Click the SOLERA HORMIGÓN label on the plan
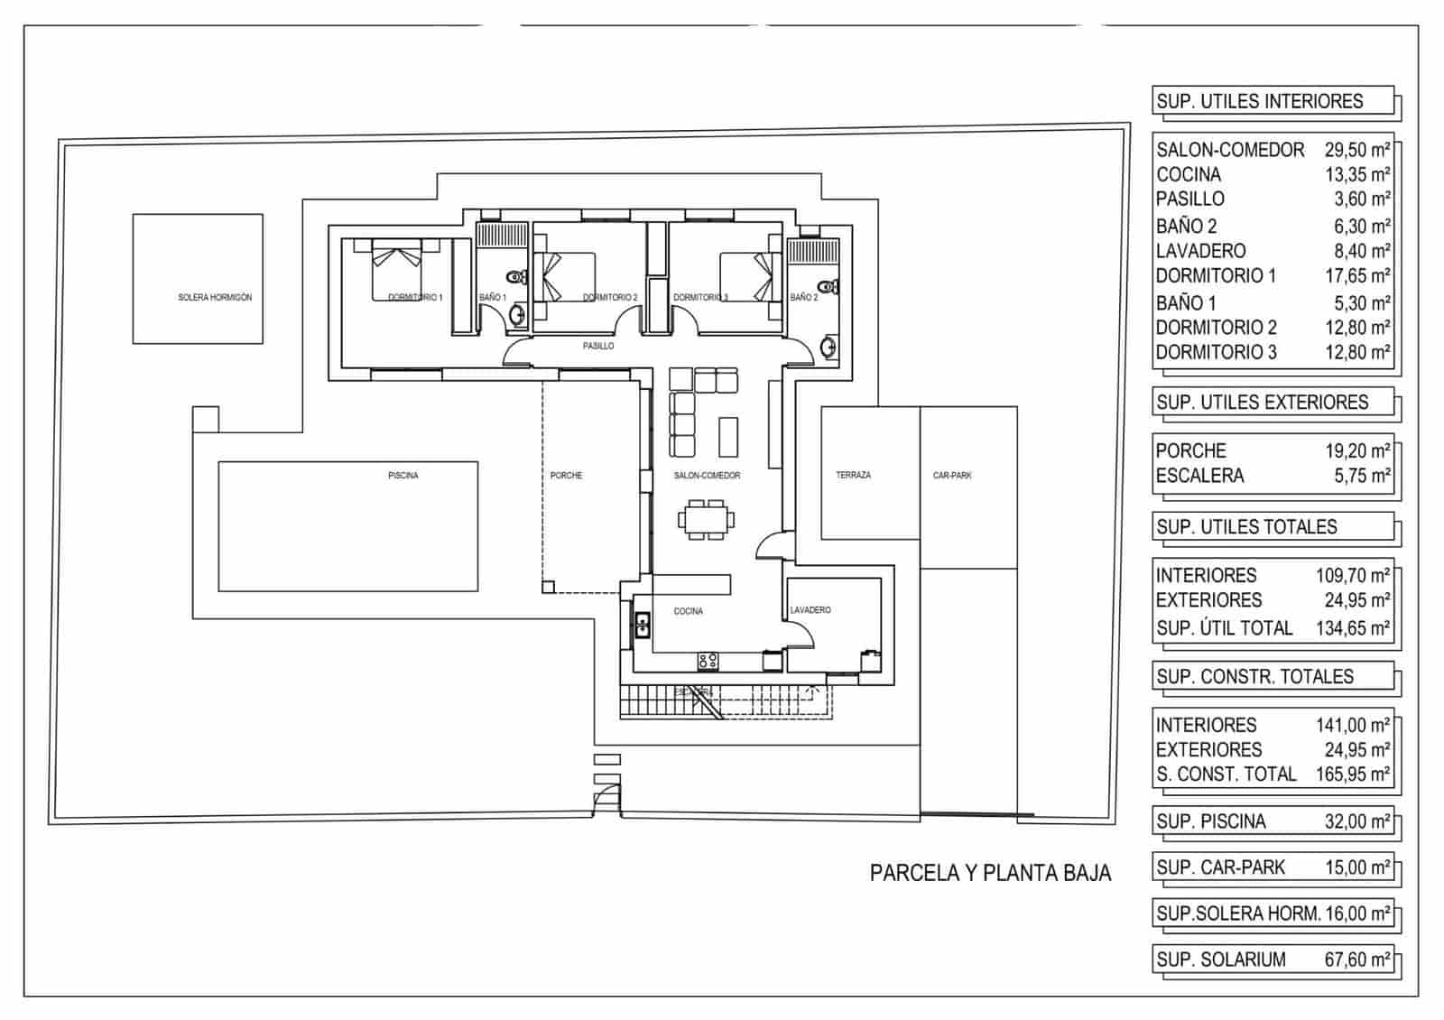[215, 297]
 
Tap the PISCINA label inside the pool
[403, 475]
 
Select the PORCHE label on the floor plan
[566, 475]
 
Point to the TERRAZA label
[853, 475]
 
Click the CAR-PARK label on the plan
[952, 475]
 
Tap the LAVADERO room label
[810, 610]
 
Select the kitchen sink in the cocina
[643, 625]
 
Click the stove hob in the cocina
[708, 662]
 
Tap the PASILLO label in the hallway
[597, 346]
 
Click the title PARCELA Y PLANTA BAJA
[990, 873]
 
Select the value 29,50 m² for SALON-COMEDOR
[1357, 150]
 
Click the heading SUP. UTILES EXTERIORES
[1262, 403]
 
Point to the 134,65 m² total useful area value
[1352, 628]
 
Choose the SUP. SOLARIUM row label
[1221, 960]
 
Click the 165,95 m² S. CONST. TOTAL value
[1352, 774]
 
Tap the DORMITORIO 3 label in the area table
[1216, 353]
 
